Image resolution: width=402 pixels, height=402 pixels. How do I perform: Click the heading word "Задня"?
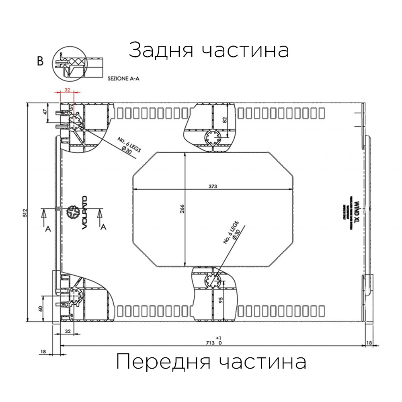point(160,51)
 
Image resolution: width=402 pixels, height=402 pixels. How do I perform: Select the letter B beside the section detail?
point(40,61)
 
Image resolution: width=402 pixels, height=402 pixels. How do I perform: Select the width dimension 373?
point(214,187)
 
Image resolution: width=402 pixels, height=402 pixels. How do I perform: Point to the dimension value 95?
point(220,301)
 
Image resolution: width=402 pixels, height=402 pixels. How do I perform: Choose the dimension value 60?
point(40,308)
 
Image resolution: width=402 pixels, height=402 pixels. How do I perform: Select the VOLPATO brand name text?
point(85,213)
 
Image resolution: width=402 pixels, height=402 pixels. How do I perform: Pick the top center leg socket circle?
point(213,137)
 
